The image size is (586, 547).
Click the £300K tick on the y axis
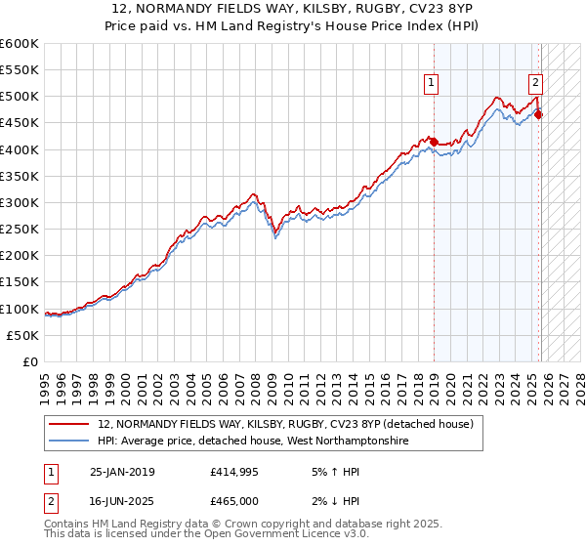[x=20, y=202]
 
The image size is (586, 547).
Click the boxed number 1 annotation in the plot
[x=431, y=84]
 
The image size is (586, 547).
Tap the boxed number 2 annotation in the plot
[x=536, y=84]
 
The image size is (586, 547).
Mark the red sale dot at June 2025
[x=539, y=115]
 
